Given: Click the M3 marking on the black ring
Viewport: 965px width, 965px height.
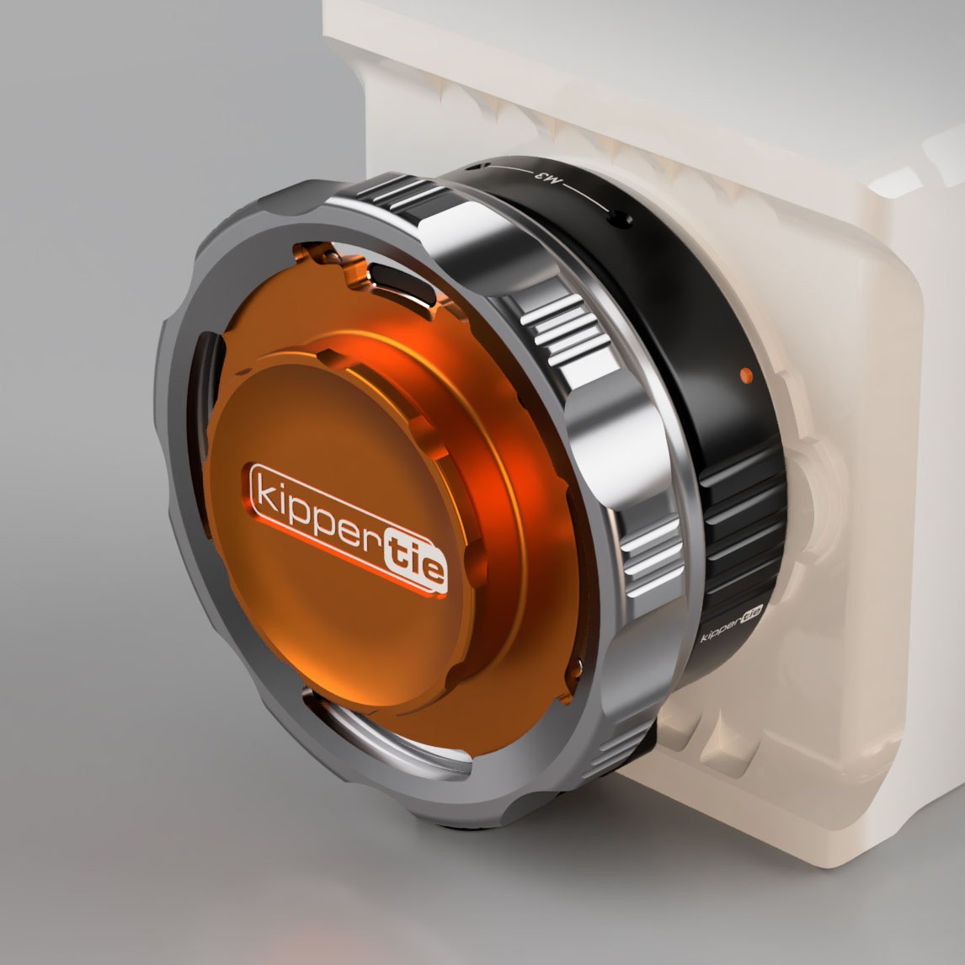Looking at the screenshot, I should click(x=540, y=178).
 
